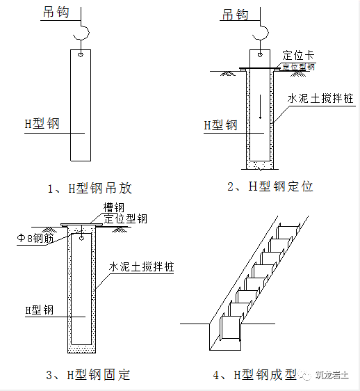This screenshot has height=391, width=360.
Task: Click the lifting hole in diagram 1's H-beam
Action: pos(81,54)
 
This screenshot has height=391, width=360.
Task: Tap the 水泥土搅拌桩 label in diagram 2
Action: pos(320,99)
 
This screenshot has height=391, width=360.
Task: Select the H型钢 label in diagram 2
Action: pos(220,125)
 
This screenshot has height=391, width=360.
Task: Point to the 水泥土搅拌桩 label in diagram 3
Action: pos(142,268)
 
